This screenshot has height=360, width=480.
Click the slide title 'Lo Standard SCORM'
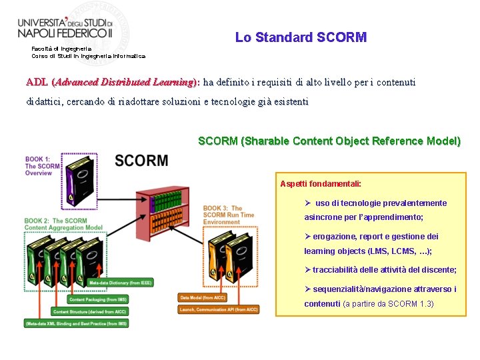click(x=301, y=37)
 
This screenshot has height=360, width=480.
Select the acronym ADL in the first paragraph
click(x=36, y=83)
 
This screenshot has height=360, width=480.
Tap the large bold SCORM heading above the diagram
click(x=141, y=161)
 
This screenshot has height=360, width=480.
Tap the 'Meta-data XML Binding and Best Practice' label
click(x=77, y=323)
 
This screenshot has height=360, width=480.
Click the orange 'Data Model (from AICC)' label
click(x=203, y=297)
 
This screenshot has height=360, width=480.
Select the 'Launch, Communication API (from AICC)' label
click(x=219, y=309)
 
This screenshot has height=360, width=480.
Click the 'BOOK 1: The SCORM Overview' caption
click(x=41, y=166)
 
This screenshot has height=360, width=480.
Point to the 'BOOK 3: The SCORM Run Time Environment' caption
click(x=228, y=215)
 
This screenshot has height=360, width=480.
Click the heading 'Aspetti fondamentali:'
click(x=321, y=183)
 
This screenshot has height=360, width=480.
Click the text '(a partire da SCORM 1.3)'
click(x=388, y=304)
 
